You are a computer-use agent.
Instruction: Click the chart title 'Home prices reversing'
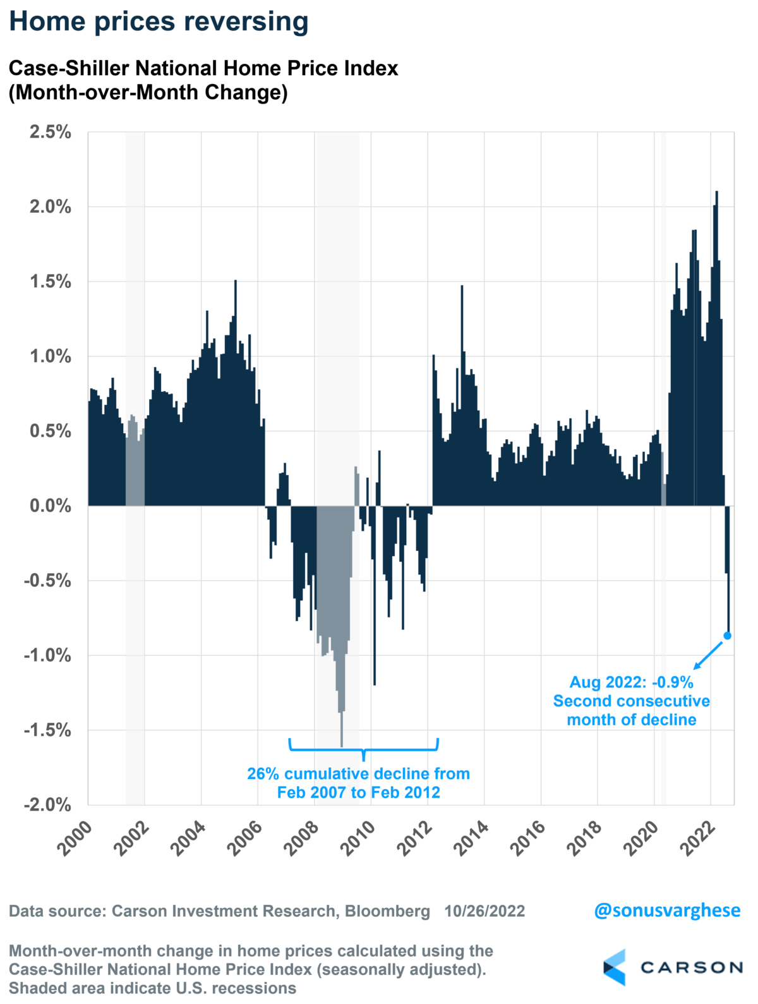click(x=159, y=21)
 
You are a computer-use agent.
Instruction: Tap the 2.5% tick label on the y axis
click(x=50, y=133)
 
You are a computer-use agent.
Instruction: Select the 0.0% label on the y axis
click(x=50, y=506)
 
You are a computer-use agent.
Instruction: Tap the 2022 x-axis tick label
click(x=698, y=838)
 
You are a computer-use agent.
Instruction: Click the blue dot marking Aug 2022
click(x=727, y=636)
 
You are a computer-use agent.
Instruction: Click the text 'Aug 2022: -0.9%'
click(x=631, y=682)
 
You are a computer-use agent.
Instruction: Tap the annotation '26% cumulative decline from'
click(x=358, y=774)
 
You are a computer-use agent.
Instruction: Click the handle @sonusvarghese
click(x=667, y=910)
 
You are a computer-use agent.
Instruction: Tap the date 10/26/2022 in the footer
click(x=484, y=911)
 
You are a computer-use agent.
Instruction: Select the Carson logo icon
click(x=615, y=967)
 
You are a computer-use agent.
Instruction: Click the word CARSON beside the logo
click(x=691, y=967)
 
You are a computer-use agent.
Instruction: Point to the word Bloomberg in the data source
click(x=387, y=911)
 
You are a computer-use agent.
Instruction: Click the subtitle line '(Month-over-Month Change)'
click(x=148, y=92)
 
